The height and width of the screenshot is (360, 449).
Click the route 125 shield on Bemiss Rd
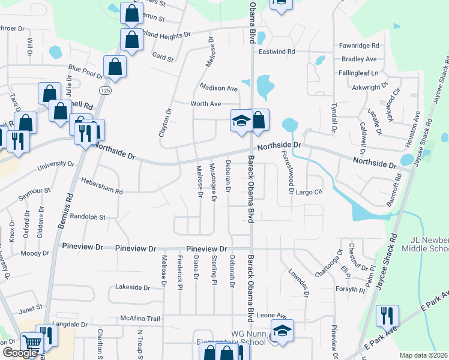tap(105, 90)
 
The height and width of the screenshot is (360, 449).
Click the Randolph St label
tap(88, 216)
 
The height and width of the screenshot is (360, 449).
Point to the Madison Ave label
tap(219, 88)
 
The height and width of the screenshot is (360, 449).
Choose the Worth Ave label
tap(206, 104)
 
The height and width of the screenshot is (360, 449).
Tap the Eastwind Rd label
tap(277, 52)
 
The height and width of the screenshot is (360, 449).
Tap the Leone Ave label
tap(272, 315)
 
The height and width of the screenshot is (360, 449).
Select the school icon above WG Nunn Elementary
tap(283, 329)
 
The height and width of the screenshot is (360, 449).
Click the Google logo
tap(20, 352)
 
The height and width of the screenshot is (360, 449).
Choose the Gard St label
tap(163, 59)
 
